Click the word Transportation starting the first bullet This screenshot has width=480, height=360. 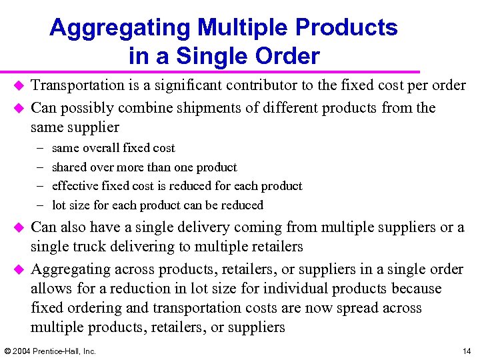(78, 86)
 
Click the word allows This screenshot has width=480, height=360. (49, 289)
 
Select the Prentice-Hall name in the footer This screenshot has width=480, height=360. (59, 351)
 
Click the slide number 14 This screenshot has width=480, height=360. (466, 351)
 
